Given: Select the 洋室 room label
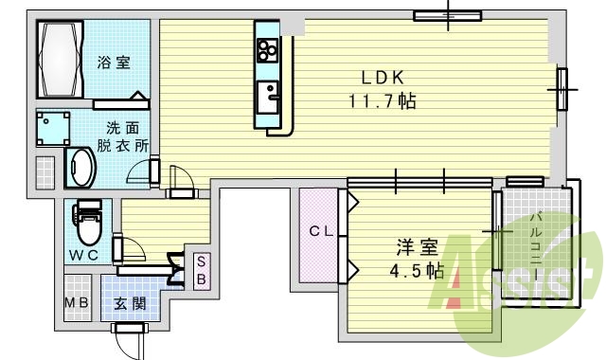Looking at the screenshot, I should pos(417,248).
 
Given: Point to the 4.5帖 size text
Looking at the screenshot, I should pos(418,271).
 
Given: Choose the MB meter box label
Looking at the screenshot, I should pos(77,304).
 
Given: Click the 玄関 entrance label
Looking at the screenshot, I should pos(130,304).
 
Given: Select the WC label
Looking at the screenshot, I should pos(87,255).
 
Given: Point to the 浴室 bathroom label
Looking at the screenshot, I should pos(114,63).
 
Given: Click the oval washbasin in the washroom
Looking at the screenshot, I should pos(80,169).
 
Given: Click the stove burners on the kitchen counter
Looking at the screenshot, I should pos(266,48).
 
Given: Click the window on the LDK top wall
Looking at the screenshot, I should pos(448,15).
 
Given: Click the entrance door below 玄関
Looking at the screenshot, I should pos(129,330).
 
